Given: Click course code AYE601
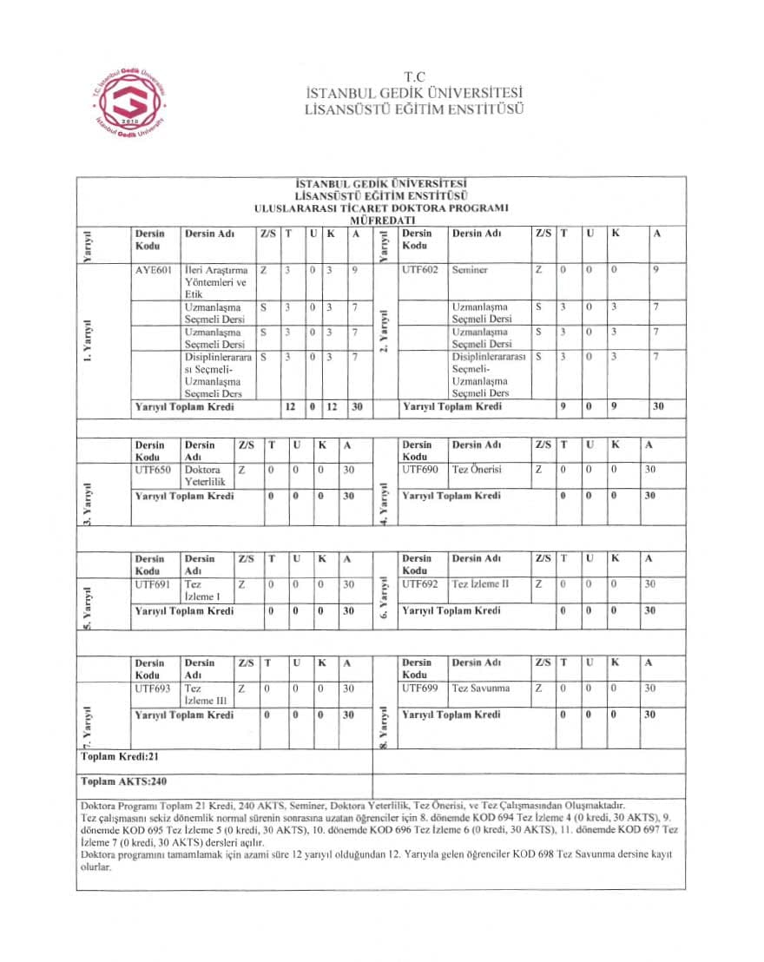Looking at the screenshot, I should click(154, 270).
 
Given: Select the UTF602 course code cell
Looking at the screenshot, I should click(421, 270).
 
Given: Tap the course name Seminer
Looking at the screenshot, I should click(470, 270).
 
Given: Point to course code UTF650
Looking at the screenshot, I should click(153, 470).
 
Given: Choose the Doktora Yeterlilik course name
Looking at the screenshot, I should click(205, 475).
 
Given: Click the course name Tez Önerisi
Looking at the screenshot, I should click(478, 470).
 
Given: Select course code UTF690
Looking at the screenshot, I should click(421, 470).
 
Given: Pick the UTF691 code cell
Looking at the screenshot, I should click(153, 584).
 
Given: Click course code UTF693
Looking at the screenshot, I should click(153, 689).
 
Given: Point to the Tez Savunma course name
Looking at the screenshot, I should click(480, 689).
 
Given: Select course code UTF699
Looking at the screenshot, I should click(421, 689).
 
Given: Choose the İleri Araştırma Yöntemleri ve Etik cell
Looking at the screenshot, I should click(216, 282).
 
